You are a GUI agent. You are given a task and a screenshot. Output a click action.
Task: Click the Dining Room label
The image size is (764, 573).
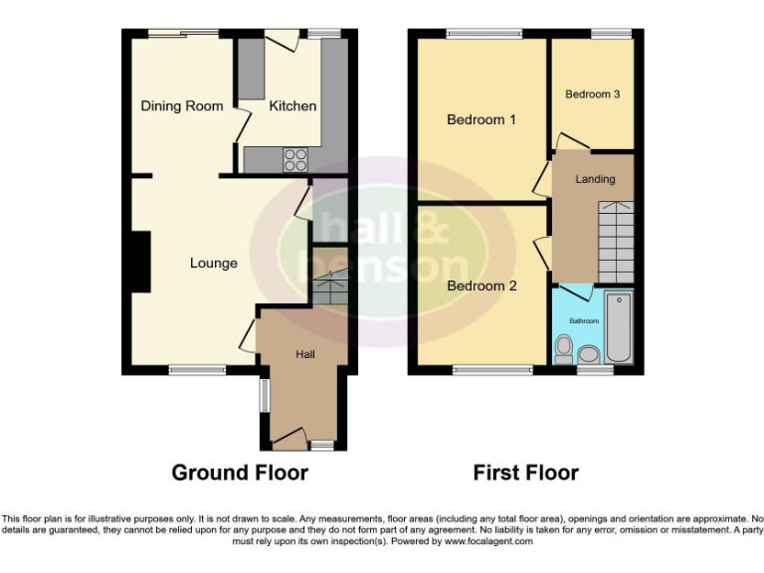(181, 106)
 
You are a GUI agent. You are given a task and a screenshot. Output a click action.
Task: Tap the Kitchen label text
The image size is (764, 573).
(292, 106)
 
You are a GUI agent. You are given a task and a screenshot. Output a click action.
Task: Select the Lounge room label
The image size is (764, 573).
(214, 264)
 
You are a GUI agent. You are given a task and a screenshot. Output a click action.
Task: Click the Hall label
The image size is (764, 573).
(304, 353)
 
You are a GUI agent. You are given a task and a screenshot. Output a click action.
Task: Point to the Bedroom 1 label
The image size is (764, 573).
(481, 120)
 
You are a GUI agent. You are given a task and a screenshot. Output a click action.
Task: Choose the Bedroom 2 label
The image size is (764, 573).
(481, 286)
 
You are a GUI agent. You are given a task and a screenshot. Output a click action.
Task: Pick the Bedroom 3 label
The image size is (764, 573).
(593, 95)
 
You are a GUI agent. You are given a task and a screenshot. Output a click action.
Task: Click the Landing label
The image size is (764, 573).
(595, 179)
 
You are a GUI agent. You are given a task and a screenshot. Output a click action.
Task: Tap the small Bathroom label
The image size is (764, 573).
(584, 321)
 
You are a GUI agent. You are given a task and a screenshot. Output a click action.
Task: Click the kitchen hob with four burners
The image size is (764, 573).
(295, 157)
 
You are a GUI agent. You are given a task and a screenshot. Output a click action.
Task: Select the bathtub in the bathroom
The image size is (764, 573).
(619, 327)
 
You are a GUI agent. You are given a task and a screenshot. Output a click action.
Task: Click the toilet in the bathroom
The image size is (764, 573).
(564, 348)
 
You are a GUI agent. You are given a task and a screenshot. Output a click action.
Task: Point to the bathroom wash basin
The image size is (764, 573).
(589, 354)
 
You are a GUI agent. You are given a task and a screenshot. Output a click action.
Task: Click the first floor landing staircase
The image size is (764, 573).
(614, 239)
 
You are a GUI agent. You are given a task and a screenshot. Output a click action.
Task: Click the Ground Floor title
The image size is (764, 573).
(240, 473)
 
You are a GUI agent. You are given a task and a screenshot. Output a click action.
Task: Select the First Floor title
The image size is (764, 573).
(525, 473)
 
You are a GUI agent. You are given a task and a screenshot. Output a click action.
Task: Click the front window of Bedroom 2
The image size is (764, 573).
(481, 371)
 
